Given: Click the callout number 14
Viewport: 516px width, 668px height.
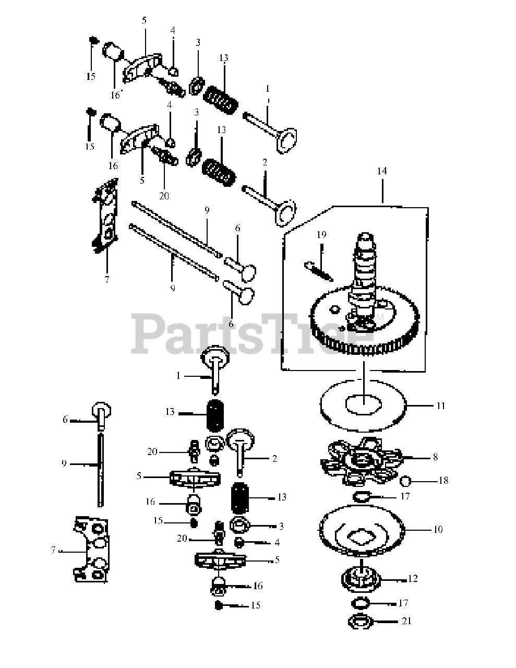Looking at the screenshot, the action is [x=382, y=171].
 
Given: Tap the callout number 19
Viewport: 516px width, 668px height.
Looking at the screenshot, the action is [x=321, y=234].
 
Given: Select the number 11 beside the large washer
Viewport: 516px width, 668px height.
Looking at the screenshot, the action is [x=441, y=406].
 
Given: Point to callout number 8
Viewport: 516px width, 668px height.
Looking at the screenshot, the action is [x=435, y=457].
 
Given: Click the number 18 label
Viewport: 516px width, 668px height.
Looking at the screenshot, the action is [x=443, y=480].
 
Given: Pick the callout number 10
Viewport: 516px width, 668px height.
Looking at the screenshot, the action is [x=438, y=529].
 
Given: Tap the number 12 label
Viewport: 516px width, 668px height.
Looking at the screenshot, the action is [x=413, y=579].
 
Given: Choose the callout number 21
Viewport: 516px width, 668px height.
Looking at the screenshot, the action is [x=406, y=621].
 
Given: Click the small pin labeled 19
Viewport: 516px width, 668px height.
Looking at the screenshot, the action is [x=318, y=271].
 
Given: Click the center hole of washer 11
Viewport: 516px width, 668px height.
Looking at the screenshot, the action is [x=364, y=404].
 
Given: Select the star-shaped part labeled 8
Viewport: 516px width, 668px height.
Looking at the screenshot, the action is [x=362, y=461].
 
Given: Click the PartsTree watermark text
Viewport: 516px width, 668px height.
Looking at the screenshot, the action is [x=252, y=333].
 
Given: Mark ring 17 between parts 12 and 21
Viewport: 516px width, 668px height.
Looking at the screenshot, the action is [x=360, y=603].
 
